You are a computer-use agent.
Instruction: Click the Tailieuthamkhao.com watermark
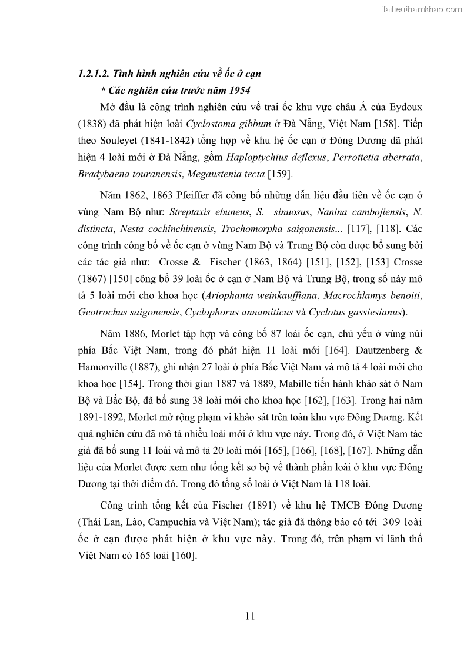click(x=422, y=9)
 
